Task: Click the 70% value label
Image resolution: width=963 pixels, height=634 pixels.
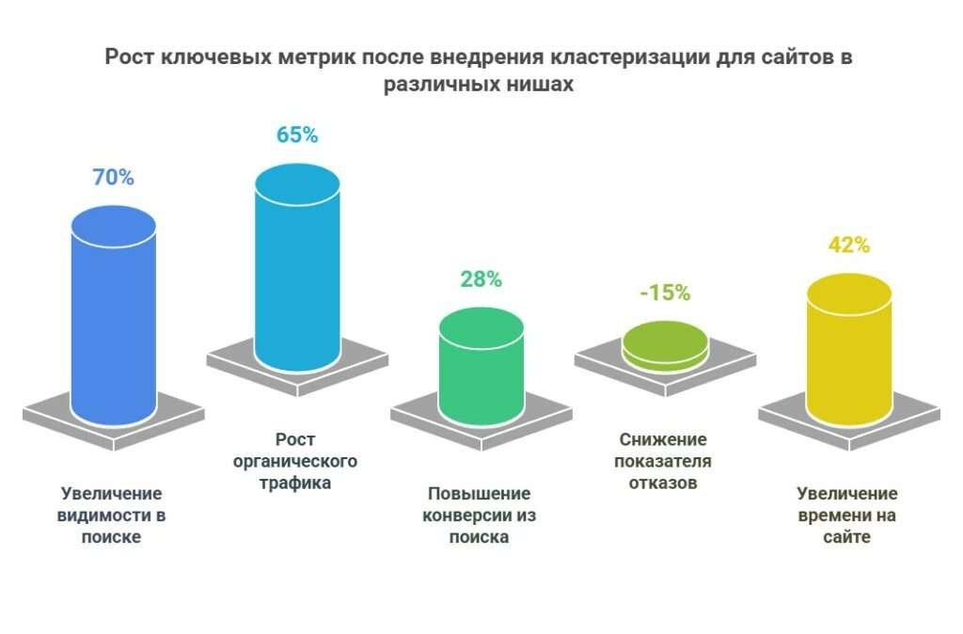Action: (113, 177)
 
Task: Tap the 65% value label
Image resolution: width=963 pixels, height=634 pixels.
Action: (297, 135)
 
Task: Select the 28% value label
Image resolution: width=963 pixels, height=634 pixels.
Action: (481, 278)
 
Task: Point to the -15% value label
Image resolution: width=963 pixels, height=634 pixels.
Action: (665, 293)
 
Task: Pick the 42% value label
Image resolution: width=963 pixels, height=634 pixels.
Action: (848, 245)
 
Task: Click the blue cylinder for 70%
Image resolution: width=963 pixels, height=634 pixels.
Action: (114, 320)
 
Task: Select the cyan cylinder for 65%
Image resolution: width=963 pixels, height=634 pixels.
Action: (297, 273)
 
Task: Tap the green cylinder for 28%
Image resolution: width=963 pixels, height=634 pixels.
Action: (481, 372)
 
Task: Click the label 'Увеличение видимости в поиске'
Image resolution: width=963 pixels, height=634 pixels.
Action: (112, 515)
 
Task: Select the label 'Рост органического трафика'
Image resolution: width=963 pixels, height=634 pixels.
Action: (296, 462)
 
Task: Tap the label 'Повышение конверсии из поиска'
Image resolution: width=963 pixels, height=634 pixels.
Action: (479, 515)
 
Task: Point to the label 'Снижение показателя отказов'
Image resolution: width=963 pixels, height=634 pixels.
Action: (663, 462)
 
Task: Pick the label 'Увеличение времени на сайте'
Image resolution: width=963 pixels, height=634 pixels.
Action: (847, 515)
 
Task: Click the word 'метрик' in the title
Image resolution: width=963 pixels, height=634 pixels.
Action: (312, 56)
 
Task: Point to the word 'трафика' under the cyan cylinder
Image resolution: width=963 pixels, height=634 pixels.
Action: (296, 484)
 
